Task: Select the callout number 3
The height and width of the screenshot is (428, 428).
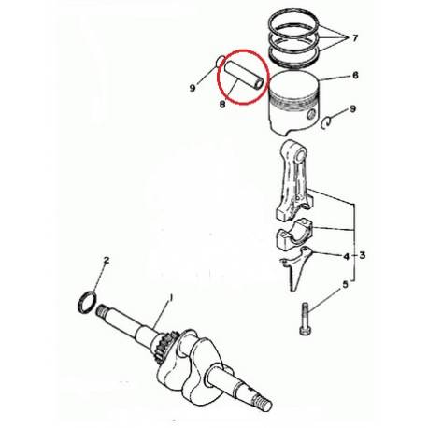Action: click(x=362, y=254)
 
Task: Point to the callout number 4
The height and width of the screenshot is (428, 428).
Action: click(x=346, y=254)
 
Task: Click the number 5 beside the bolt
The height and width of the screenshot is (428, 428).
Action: click(x=347, y=285)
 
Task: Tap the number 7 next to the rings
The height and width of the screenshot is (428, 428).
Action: click(x=355, y=38)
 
